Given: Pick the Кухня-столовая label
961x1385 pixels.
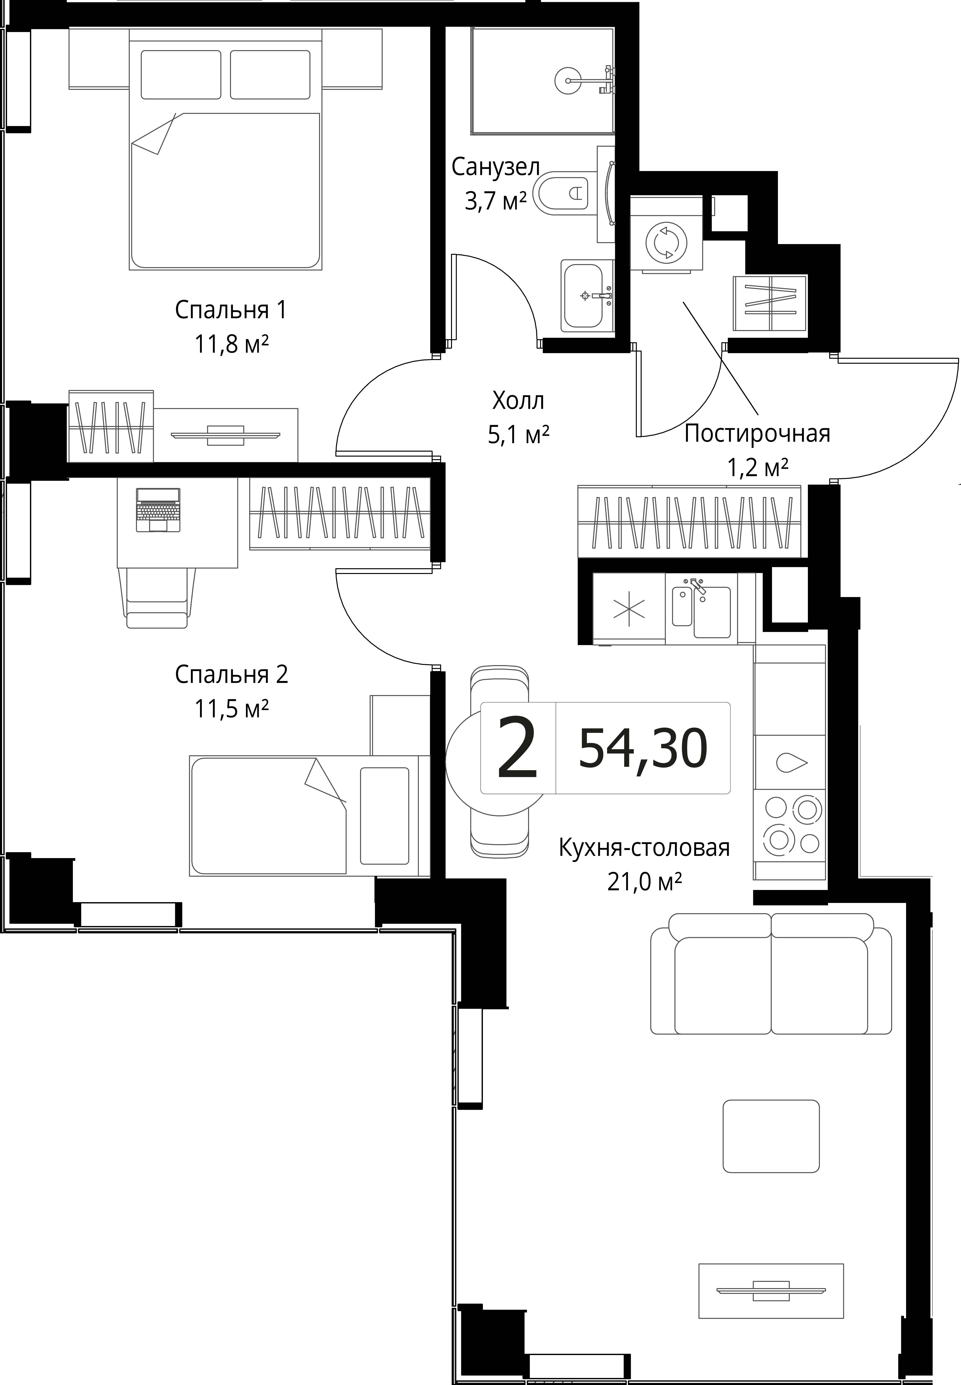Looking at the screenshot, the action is coord(644,848).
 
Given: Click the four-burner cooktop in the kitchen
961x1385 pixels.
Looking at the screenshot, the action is coord(789,825).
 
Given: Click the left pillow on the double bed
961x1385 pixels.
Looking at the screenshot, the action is coord(181,75).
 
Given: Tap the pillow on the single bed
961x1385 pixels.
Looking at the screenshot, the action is coord(384,816).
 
